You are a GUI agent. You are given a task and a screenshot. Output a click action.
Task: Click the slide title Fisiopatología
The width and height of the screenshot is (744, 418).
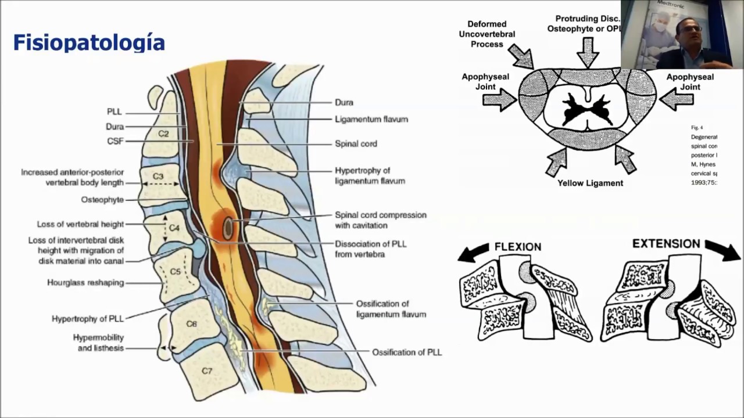pos(89,43)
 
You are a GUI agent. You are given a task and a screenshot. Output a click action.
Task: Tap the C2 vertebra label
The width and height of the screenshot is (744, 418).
pos(163,134)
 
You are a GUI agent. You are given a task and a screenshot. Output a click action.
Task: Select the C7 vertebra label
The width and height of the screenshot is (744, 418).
pos(207,370)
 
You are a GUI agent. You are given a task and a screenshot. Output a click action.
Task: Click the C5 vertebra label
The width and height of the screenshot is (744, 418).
pos(175,272)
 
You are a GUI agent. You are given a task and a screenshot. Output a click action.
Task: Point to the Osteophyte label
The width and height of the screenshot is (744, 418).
pos(102,200)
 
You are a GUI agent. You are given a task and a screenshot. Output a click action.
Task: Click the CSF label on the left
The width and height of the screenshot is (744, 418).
pos(116,141)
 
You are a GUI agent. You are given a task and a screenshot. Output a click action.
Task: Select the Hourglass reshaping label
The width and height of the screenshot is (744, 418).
pos(85,283)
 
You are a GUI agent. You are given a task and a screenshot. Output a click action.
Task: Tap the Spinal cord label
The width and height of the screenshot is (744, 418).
pos(356,144)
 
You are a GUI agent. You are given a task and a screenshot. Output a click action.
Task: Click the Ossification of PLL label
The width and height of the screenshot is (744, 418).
pos(407,352)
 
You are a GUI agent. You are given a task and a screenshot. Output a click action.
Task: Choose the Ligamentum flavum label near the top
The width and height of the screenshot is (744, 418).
pos(371,120)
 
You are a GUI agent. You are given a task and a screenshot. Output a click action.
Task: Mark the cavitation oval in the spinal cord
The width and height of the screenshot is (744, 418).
pos(228,228)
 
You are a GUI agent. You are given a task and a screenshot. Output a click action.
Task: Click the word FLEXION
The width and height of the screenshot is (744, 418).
pos(517,247)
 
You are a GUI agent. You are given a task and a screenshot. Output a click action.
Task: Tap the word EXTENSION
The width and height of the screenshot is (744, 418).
pos(666,244)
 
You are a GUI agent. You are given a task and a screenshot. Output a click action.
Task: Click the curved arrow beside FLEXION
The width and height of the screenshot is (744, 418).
pos(474,252)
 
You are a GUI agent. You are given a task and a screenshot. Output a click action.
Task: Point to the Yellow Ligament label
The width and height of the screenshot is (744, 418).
pos(590,183)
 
